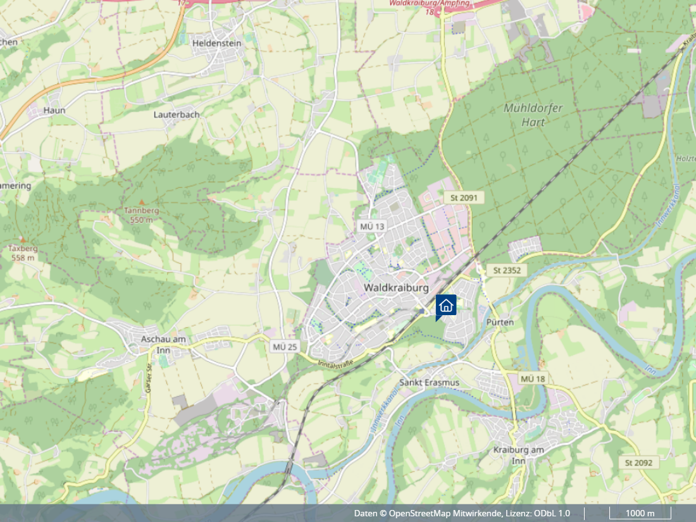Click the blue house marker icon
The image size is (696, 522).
click(445, 305)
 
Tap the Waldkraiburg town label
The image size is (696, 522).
click(396, 288)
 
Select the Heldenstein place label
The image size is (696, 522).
click(217, 43)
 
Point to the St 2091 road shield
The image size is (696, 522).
click(463, 198)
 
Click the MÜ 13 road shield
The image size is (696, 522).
click(372, 227)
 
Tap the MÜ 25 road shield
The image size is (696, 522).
click(284, 346)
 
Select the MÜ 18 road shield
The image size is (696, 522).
click(532, 378)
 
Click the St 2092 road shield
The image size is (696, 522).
click(638, 463)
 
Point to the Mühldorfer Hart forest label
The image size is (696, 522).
click(533, 115)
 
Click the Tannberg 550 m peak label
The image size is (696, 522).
click(142, 214)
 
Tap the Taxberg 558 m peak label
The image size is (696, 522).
click(23, 253)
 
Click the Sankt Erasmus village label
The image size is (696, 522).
click(429, 383)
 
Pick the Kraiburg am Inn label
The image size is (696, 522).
click(518, 454)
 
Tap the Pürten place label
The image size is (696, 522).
click(500, 322)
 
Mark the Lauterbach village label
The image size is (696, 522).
click(177, 115)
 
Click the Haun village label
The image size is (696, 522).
click(54, 110)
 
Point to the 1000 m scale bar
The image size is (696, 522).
click(640, 513)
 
